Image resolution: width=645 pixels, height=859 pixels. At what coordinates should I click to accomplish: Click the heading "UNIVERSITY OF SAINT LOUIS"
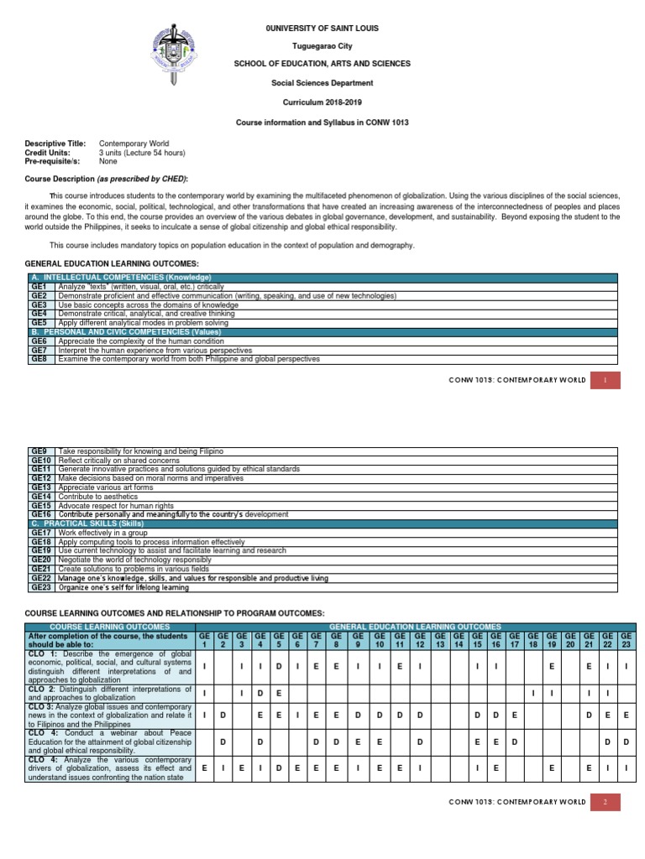coord(323,29)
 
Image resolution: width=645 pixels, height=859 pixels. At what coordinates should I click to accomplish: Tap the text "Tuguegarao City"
coord(322,46)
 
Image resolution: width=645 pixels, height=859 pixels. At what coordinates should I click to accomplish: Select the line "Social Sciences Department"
coord(322,83)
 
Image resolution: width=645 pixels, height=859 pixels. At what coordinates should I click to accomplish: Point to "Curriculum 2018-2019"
coord(322,102)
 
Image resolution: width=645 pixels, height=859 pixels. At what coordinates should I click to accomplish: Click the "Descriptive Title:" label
coord(55,144)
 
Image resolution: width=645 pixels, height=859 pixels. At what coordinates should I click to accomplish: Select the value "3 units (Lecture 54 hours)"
coord(142,153)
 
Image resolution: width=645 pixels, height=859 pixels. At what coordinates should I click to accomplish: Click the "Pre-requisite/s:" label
coord(52,161)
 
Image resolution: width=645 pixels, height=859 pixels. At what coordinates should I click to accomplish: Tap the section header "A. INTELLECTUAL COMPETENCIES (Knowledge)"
coord(121,278)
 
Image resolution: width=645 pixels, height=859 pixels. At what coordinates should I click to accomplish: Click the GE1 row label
coord(39,286)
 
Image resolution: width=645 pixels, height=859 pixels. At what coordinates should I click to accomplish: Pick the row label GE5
coord(39,322)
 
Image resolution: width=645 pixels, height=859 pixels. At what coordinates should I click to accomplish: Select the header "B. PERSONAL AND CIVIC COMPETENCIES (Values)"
coord(126,331)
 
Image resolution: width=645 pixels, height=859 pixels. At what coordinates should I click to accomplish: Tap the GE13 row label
coord(41,487)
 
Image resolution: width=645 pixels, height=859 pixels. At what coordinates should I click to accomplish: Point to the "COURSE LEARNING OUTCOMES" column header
coord(110,627)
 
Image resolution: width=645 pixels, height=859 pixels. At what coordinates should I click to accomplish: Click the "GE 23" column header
coord(627,640)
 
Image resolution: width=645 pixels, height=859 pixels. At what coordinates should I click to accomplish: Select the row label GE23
coord(41,587)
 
